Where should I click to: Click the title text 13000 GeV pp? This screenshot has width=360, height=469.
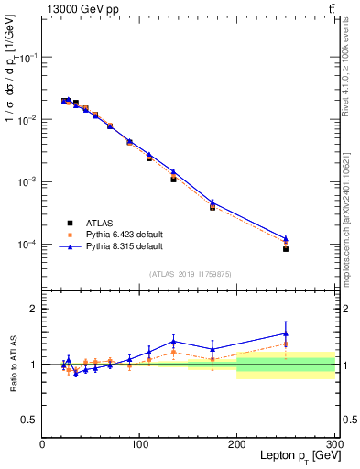78,8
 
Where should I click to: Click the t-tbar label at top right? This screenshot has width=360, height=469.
331,8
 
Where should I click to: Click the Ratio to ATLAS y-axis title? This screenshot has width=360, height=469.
12,365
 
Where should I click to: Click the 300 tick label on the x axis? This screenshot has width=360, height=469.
333,444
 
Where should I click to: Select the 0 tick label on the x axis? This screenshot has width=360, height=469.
42,444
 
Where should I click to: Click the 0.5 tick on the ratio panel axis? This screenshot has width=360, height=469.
29,420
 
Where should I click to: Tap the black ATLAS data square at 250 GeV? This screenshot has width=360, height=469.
286,249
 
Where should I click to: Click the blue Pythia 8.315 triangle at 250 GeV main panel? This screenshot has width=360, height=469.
286,237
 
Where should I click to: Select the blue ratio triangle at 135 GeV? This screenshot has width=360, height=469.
173,341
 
